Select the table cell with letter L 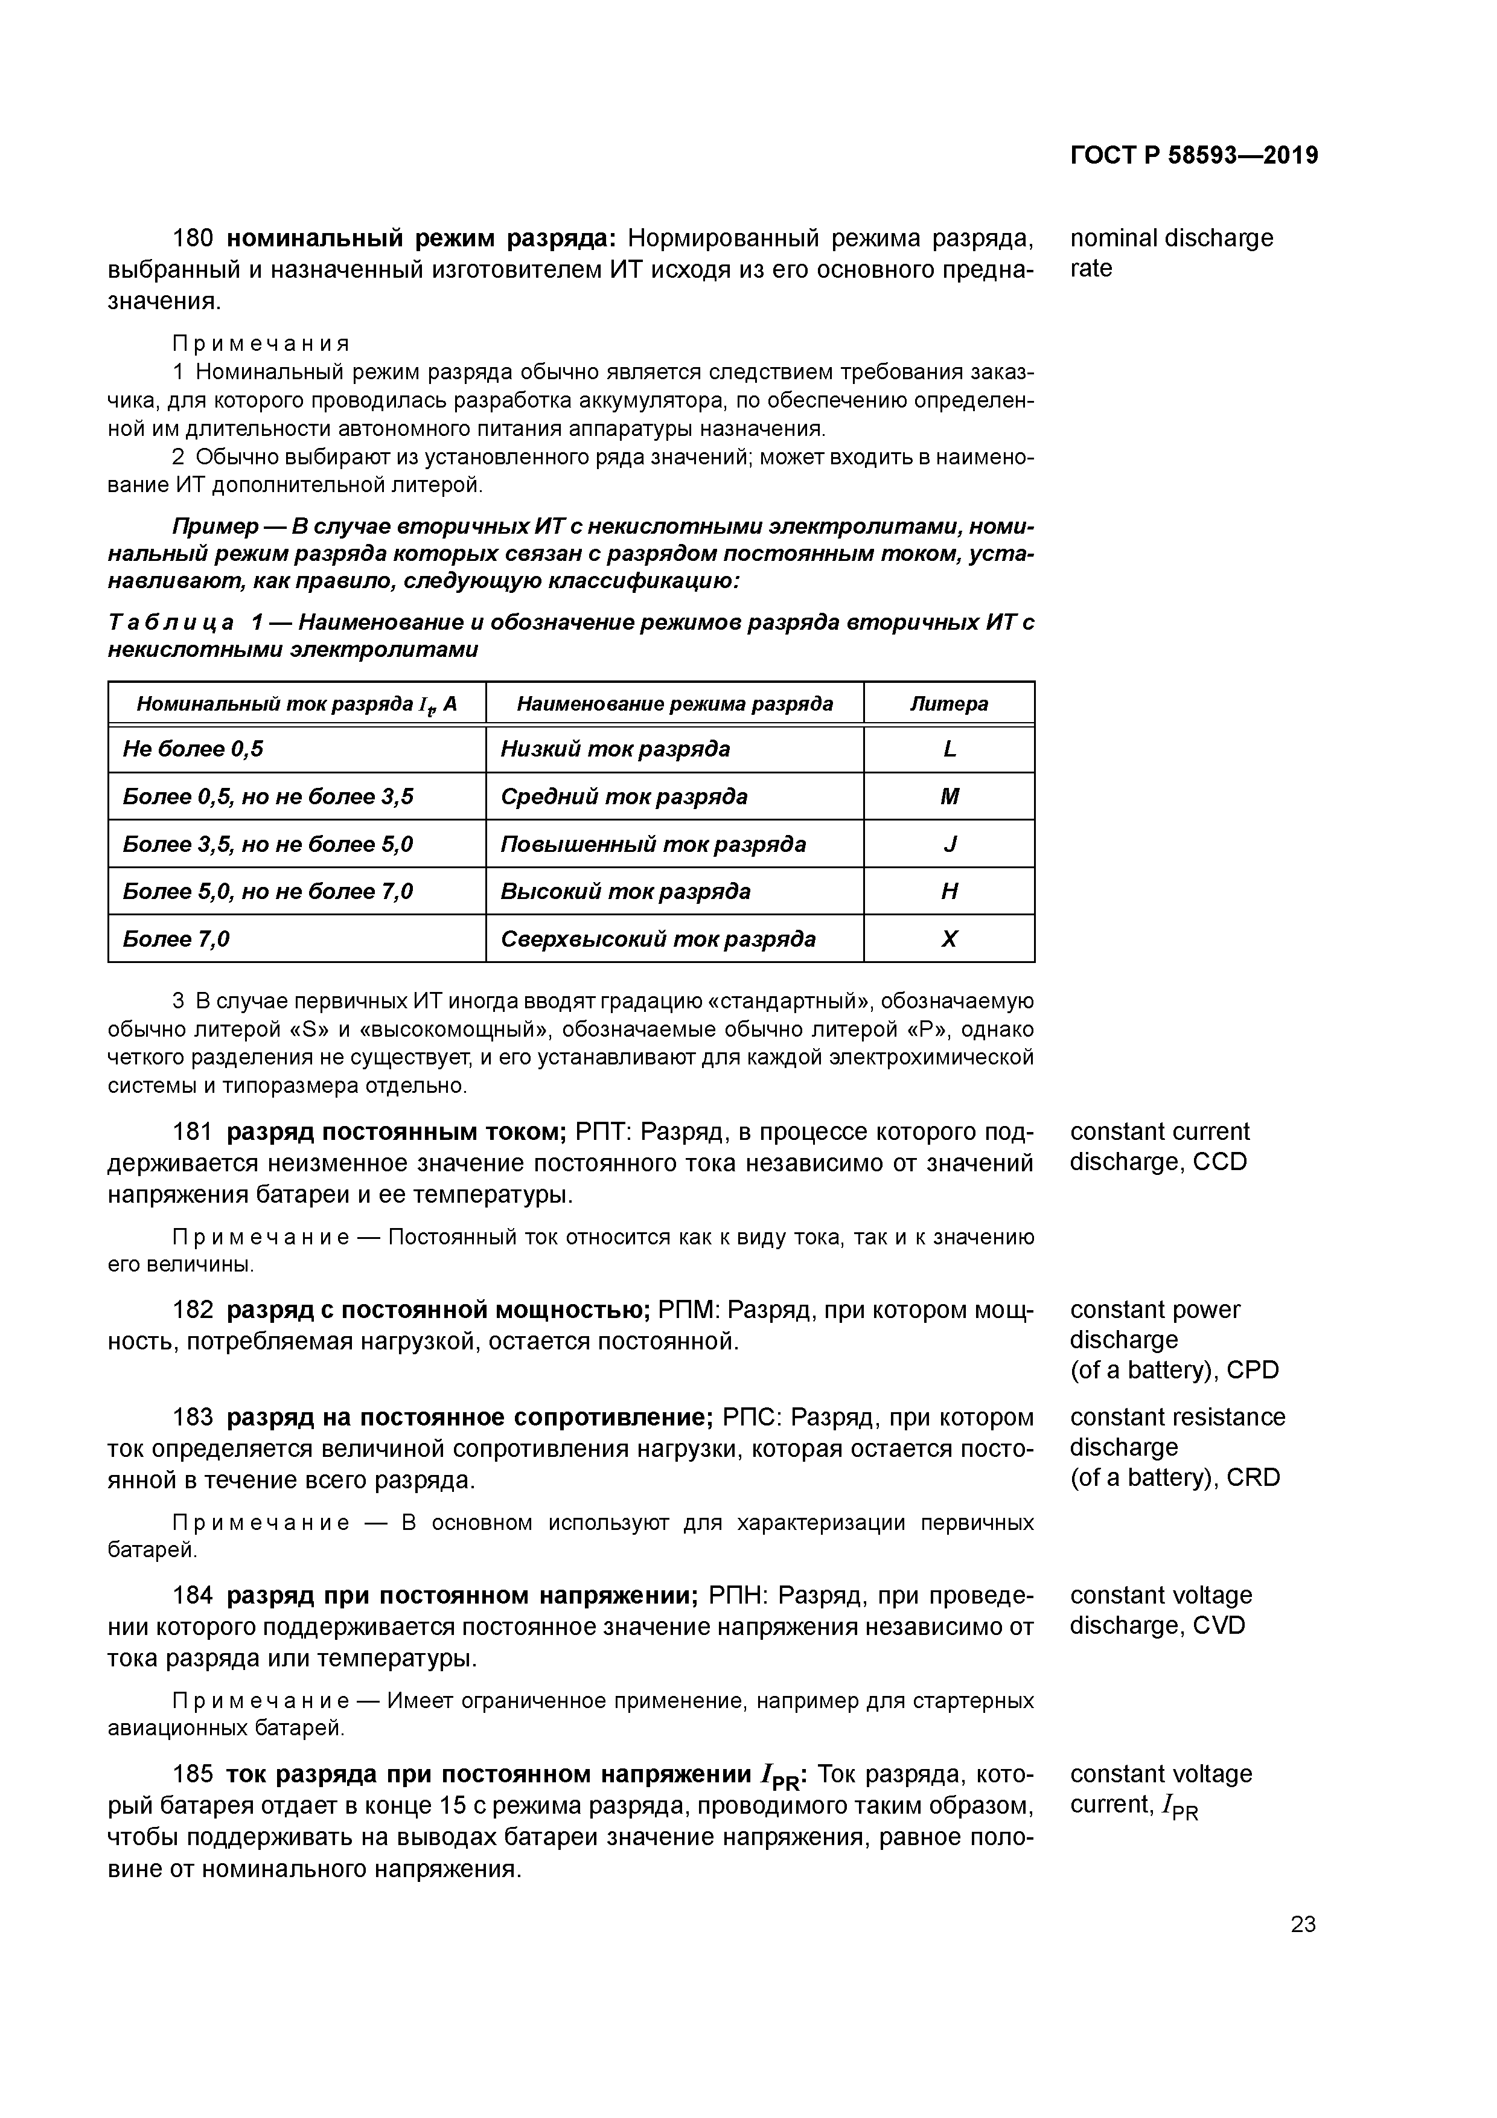[x=949, y=749]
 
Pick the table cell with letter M [x=949, y=796]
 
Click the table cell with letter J [x=949, y=844]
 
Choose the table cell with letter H [x=949, y=891]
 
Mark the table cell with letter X [x=949, y=939]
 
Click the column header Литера [x=949, y=704]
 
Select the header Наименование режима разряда [x=674, y=704]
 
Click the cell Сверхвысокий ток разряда [x=657, y=939]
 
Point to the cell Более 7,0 [x=176, y=939]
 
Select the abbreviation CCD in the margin [x=1219, y=1162]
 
